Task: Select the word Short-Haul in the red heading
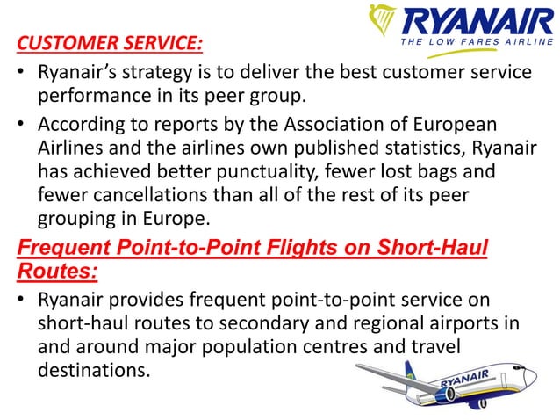click(x=435, y=248)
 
